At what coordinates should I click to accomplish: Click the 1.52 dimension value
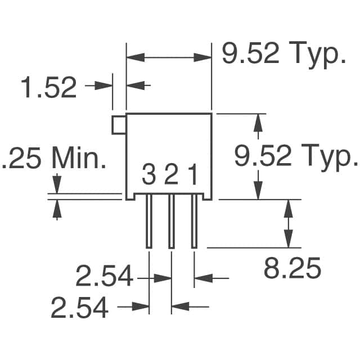point(49,88)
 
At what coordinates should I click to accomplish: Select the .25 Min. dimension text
point(55,157)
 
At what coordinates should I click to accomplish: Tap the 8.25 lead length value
point(292,268)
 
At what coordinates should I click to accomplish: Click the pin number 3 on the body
point(148,174)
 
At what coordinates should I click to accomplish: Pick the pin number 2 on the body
point(171,174)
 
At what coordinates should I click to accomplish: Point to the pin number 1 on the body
point(193,174)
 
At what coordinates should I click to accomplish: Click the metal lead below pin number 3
point(149,221)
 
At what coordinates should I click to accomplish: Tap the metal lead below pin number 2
point(172,221)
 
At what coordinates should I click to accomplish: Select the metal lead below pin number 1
point(194,221)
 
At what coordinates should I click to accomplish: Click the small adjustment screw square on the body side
point(119,125)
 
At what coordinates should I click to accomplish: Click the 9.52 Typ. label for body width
point(284,54)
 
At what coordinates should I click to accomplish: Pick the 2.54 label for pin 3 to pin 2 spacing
point(79,307)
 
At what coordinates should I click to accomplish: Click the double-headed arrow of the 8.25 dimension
point(289,224)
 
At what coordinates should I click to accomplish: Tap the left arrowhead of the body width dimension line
point(136,57)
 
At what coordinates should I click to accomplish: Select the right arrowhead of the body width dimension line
point(202,57)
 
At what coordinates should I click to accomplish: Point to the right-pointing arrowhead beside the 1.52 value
point(103,85)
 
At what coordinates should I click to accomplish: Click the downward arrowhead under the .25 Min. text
point(57,184)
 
